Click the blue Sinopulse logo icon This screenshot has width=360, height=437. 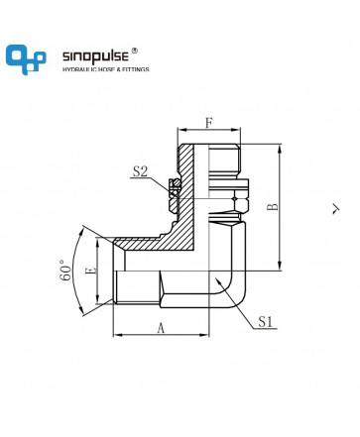pyautogui.click(x=26, y=59)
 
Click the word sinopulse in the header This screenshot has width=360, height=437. pyautogui.click(x=95, y=56)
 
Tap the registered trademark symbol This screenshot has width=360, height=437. pyautogui.click(x=135, y=51)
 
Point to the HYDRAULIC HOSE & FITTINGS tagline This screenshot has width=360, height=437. pyautogui.click(x=106, y=69)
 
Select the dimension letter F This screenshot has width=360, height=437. pyautogui.click(x=208, y=123)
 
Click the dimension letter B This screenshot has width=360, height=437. pyautogui.click(x=273, y=207)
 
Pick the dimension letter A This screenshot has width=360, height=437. pyautogui.click(x=161, y=328)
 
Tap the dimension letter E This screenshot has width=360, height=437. pyautogui.click(x=91, y=271)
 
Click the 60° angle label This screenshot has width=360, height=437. pyautogui.click(x=65, y=271)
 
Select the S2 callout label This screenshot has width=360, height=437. pyautogui.click(x=140, y=171)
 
